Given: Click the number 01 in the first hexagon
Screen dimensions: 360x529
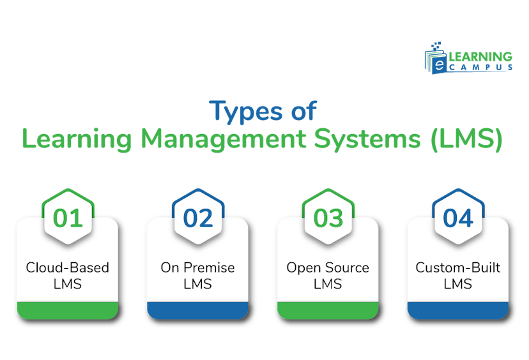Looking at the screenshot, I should [x=68, y=218].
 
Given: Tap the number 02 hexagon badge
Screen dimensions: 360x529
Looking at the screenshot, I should [x=197, y=218].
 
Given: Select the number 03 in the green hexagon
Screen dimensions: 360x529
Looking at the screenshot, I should [x=328, y=218].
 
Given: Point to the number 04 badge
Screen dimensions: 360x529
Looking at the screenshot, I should [x=457, y=218].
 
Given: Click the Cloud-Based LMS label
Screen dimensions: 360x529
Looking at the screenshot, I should [x=68, y=275].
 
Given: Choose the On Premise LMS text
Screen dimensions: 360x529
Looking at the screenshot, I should [x=197, y=275].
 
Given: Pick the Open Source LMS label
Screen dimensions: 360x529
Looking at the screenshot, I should [x=328, y=275].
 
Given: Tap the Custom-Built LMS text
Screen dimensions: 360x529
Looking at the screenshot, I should [x=457, y=275].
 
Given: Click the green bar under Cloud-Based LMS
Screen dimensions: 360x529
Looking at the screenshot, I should [x=68, y=310].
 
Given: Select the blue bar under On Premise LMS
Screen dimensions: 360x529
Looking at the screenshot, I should [x=197, y=310].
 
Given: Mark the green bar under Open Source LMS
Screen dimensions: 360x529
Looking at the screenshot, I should [x=328, y=310].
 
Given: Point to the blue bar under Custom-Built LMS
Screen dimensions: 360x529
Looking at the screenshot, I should [x=457, y=310].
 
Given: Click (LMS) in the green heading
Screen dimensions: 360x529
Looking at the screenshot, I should [x=464, y=139].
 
